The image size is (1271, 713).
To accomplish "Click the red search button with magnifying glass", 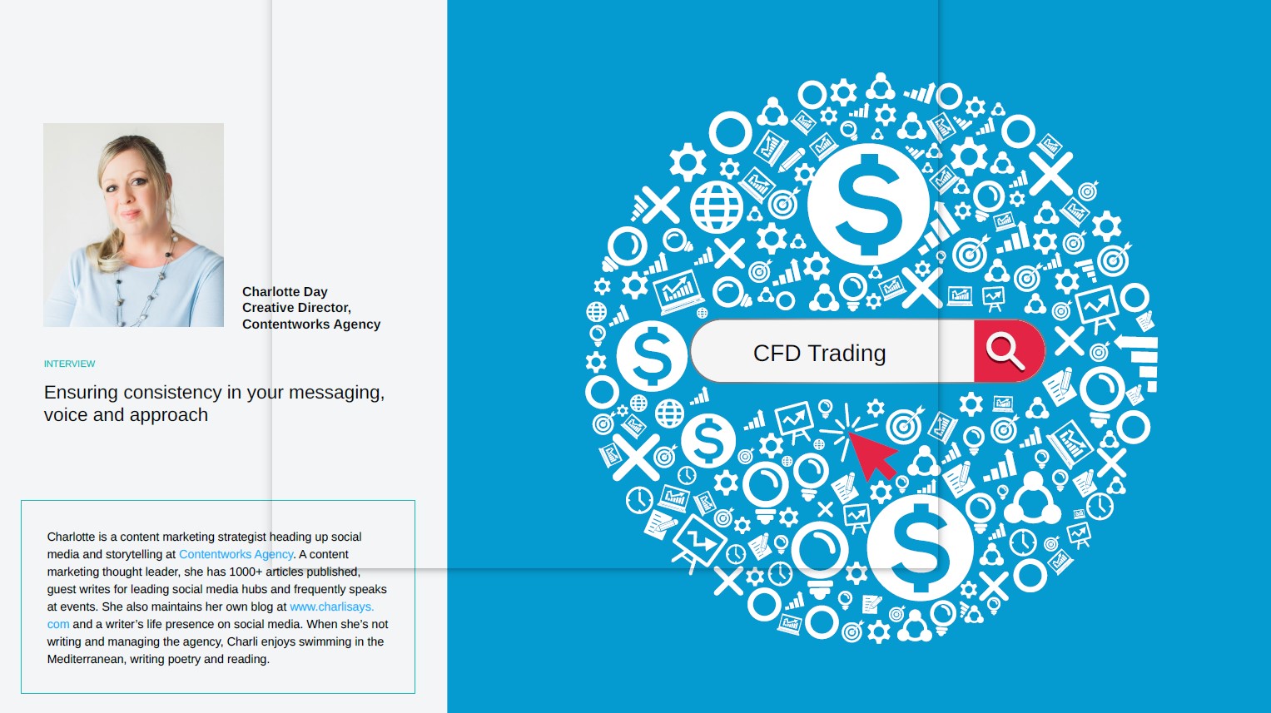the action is [1008, 351].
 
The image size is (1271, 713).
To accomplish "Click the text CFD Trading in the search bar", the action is [819, 353].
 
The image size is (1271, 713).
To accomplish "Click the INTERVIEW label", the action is [69, 364].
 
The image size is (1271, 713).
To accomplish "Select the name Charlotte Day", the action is [285, 291].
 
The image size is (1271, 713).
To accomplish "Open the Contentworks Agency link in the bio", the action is [236, 554].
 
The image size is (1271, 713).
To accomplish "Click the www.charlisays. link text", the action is [332, 607].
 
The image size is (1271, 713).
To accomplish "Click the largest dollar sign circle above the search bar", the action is [867, 203].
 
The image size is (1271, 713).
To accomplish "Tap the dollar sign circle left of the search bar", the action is [652, 355].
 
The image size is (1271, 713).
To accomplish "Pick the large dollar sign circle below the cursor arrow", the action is [920, 548].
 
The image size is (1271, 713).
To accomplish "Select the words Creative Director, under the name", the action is [297, 308].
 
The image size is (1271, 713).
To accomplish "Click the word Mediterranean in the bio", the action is [86, 659].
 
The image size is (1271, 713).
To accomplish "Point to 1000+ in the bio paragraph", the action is [246, 572].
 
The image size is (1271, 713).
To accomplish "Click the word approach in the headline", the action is [168, 415].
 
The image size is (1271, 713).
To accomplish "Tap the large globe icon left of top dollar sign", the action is [716, 207].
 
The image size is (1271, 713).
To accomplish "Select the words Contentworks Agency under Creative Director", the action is [311, 324].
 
